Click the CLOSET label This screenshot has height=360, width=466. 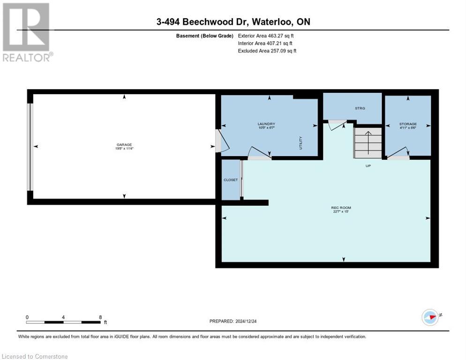[x=230, y=180]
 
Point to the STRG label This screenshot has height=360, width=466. [x=359, y=108]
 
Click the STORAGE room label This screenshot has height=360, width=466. [x=407, y=124]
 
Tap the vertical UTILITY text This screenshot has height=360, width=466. [x=301, y=142]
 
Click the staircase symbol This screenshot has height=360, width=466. [x=368, y=143]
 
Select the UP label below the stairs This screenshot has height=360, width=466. [x=368, y=165]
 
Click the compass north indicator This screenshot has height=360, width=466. [x=430, y=317]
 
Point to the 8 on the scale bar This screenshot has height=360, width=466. [x=100, y=317]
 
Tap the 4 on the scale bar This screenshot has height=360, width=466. [x=63, y=317]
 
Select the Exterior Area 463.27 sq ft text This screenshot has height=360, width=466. [x=266, y=36]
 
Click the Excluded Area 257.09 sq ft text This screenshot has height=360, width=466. [x=267, y=51]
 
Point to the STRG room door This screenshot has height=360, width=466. [x=336, y=125]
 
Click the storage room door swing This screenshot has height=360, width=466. [x=399, y=154]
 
